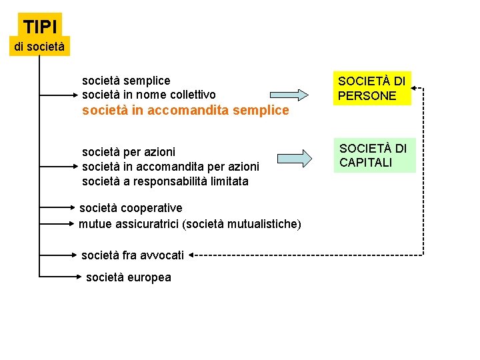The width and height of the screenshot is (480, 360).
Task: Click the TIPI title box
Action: coord(40,27)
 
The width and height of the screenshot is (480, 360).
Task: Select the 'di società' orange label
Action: coord(40,47)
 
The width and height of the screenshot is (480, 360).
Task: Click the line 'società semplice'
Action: coord(126,81)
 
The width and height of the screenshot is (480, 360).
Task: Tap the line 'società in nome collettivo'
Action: coord(149,95)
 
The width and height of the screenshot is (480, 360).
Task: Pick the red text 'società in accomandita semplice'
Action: coord(185,111)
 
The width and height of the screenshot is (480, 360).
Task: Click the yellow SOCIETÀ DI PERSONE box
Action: coord(372,89)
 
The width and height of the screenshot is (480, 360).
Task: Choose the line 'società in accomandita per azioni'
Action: coord(170,167)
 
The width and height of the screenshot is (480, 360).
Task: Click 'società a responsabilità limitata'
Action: coord(165,181)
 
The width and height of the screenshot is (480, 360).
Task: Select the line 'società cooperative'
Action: coord(131,208)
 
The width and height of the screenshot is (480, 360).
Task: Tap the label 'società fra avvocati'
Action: coord(133,255)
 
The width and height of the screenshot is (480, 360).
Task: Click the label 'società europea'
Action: coord(129,277)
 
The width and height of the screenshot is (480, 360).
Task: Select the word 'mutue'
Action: coord(94,224)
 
